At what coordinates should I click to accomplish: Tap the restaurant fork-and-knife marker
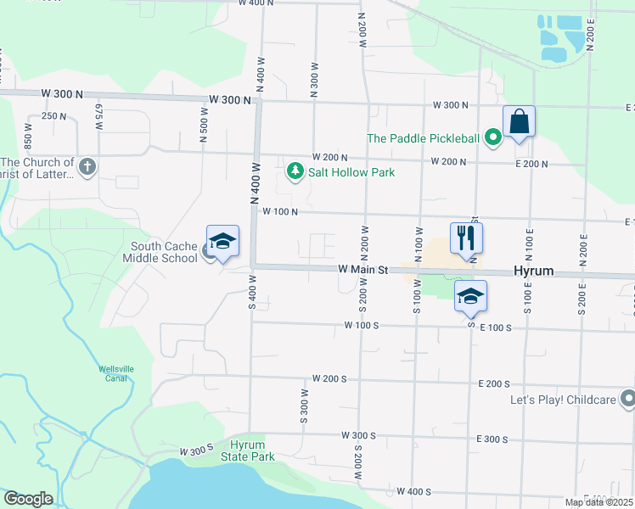click(x=466, y=237)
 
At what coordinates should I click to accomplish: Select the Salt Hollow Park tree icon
click(x=295, y=172)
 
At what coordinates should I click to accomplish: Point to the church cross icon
click(x=87, y=167)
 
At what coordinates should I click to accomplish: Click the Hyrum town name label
click(x=533, y=271)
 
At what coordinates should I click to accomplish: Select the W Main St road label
click(x=362, y=270)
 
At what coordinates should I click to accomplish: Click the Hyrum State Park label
click(x=253, y=450)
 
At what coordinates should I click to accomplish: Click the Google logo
click(x=27, y=499)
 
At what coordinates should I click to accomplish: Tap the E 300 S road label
click(x=492, y=439)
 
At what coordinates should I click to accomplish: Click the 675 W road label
click(x=98, y=116)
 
